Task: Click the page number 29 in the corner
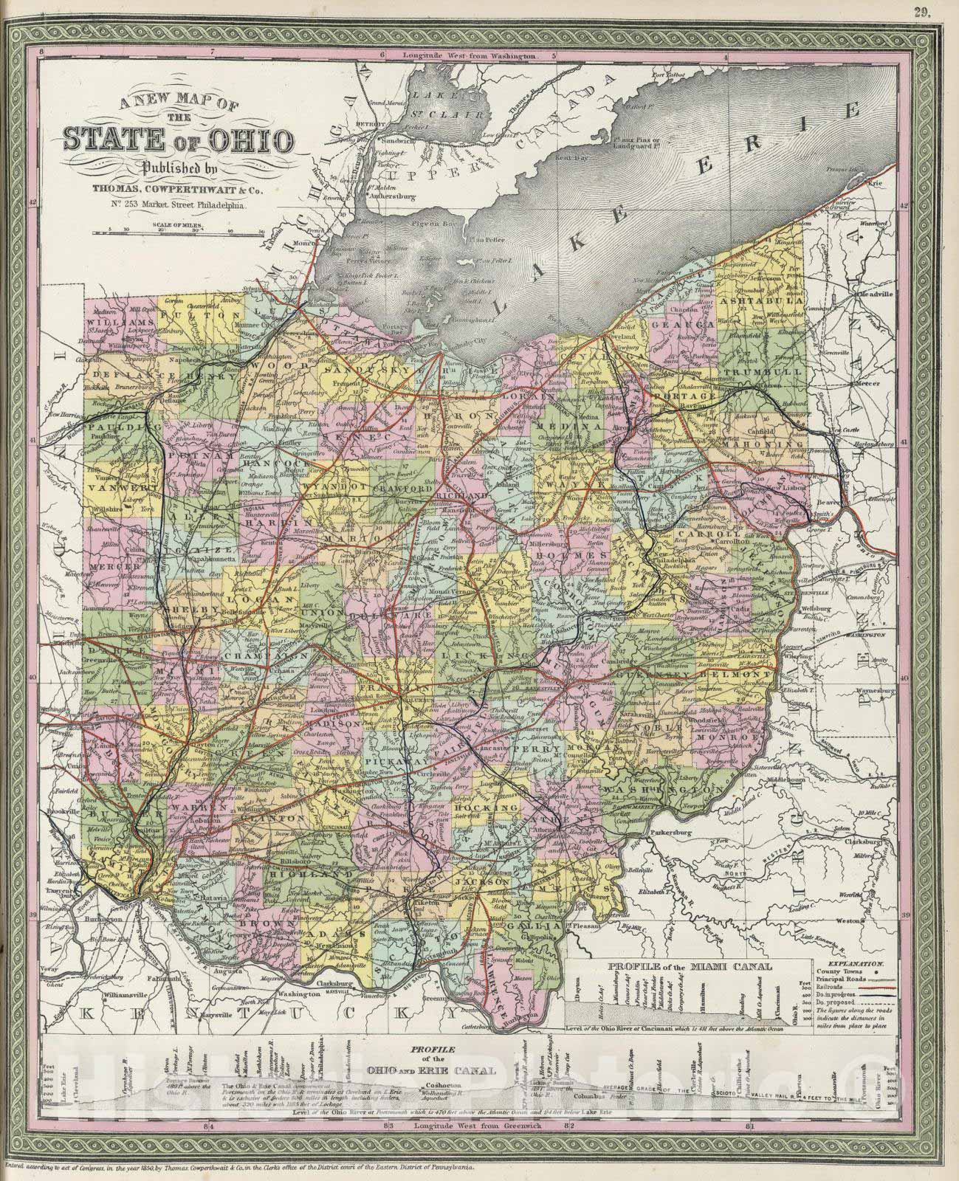pyautogui.click(x=922, y=10)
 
